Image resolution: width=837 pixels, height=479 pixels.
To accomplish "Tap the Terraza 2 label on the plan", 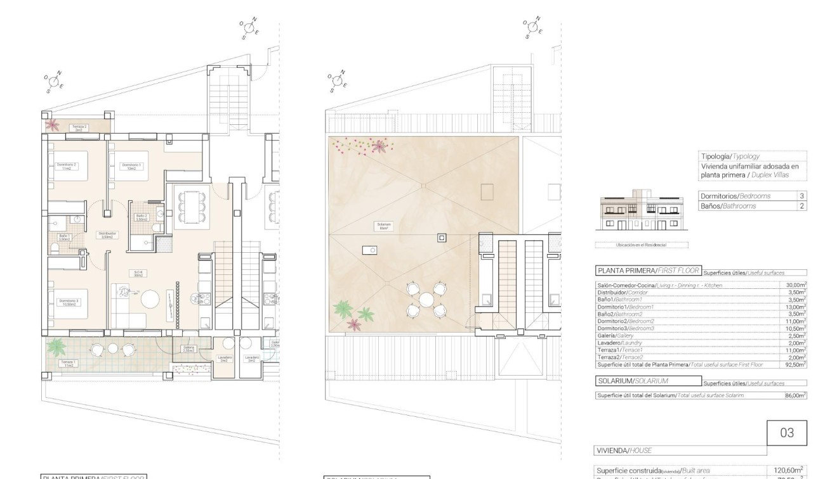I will point(79,127).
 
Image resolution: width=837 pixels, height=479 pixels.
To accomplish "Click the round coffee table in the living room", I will point(151,298).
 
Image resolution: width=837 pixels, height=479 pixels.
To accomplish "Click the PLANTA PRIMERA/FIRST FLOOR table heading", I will point(648,271).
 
